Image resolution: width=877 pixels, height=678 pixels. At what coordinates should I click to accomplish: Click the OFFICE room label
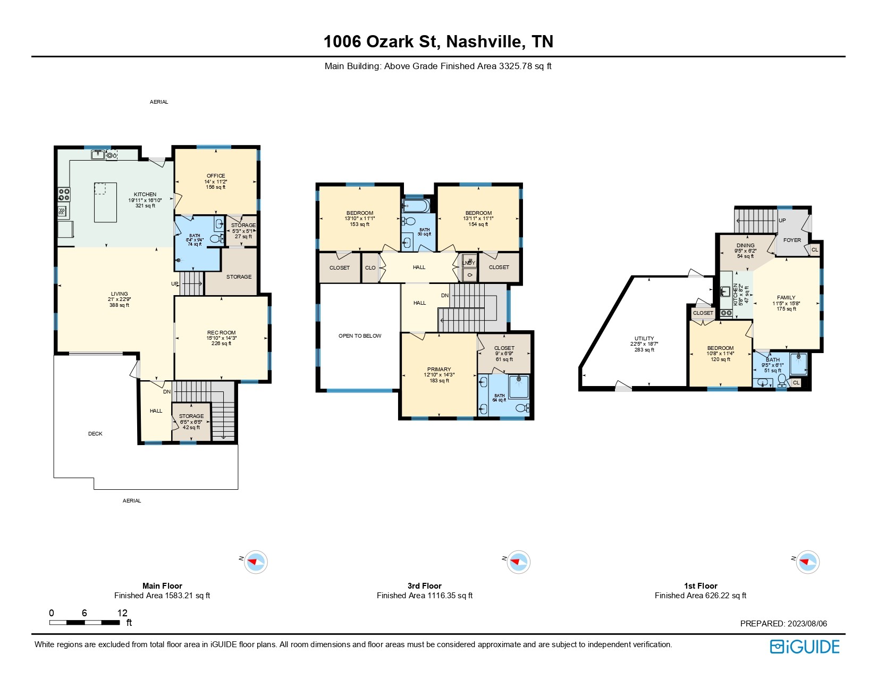(x=216, y=175)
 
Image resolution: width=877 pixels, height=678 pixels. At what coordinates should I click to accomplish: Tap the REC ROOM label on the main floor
(x=221, y=333)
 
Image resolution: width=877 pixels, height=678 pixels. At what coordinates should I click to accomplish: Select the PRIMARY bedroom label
(x=439, y=369)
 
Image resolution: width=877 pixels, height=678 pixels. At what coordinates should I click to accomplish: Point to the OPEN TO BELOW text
(x=360, y=336)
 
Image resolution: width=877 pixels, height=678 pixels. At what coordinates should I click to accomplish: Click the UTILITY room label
(x=644, y=338)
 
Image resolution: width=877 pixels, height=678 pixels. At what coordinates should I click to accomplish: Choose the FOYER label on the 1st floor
(x=792, y=240)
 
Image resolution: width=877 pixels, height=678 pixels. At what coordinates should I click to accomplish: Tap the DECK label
(x=95, y=434)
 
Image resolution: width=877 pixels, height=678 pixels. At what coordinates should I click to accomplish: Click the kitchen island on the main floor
(x=105, y=202)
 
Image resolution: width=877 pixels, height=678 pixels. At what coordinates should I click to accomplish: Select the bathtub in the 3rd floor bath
(x=415, y=206)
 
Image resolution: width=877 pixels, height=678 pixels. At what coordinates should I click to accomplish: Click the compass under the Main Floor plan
(x=256, y=562)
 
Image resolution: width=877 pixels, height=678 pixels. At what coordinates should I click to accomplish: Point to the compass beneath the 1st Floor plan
(x=807, y=562)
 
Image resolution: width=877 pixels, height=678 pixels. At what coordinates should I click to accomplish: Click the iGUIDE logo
(x=804, y=647)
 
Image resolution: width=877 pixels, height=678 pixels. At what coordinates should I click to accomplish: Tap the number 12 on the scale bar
(x=122, y=613)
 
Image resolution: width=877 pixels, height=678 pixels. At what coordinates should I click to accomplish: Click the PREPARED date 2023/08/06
(x=807, y=623)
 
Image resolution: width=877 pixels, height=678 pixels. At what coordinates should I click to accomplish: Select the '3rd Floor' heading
(x=425, y=585)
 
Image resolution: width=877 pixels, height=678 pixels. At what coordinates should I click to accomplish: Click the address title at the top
(x=438, y=41)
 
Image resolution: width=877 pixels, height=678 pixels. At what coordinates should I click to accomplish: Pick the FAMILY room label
(x=786, y=298)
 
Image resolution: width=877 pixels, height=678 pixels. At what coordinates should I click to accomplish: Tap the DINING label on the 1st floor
(x=745, y=245)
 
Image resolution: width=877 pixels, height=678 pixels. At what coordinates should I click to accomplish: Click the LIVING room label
(x=120, y=294)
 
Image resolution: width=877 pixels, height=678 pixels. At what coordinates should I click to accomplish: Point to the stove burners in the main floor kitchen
(x=64, y=194)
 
